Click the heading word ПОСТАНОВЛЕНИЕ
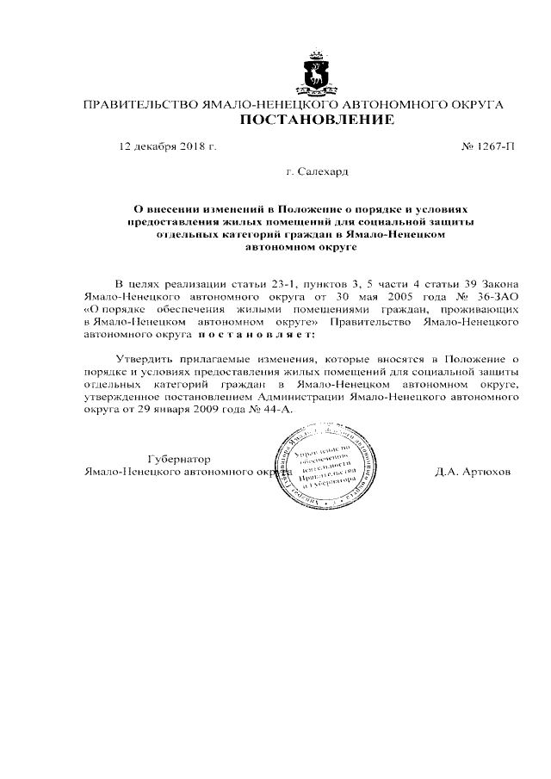click(x=316, y=120)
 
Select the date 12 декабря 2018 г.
click(x=167, y=146)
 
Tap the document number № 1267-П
click(x=488, y=146)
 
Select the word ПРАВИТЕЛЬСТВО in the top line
click(x=139, y=105)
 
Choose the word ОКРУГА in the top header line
click(x=473, y=105)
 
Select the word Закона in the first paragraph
click(x=499, y=282)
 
